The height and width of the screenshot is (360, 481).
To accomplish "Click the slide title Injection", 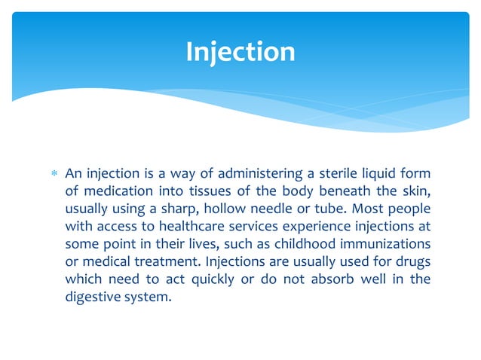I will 240,52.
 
